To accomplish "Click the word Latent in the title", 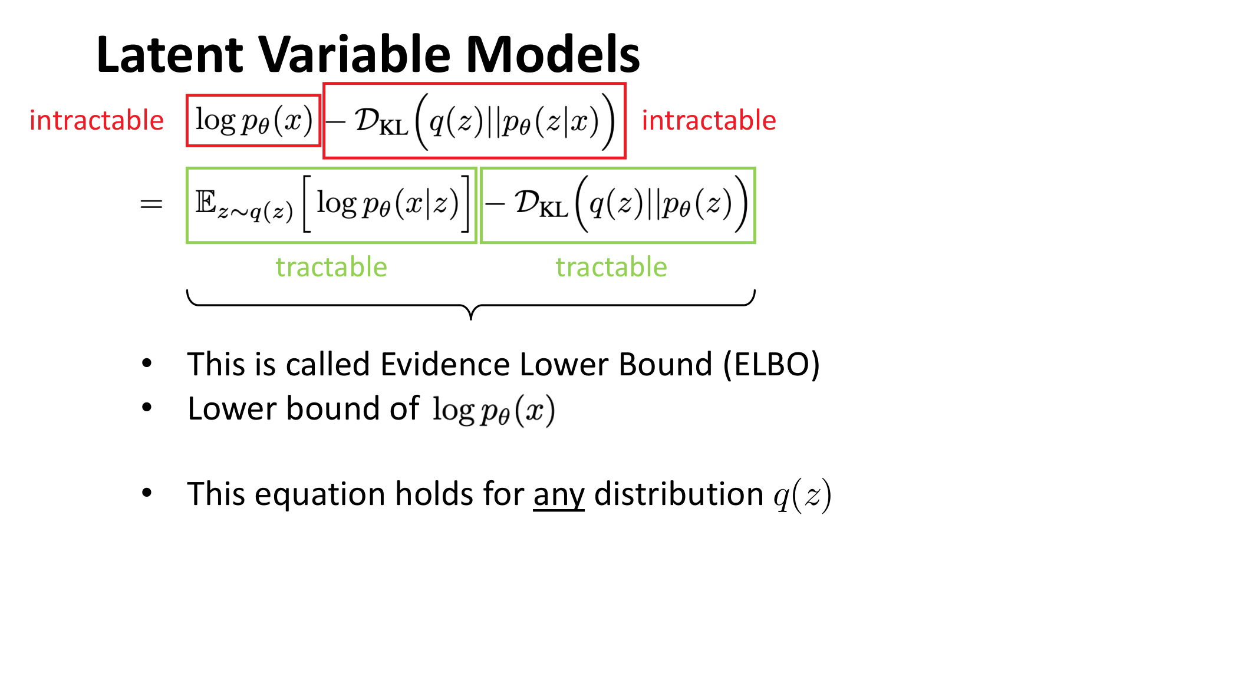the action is (170, 54).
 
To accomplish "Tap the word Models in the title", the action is (553, 54).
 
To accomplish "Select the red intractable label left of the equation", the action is (97, 120).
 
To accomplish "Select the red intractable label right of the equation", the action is (709, 120).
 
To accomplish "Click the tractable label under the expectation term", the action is (331, 268).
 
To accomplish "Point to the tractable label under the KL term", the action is (611, 268).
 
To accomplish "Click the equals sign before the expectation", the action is (151, 204).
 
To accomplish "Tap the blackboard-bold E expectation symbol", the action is (206, 202).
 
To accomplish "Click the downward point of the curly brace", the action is (471, 319).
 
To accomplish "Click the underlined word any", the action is (559, 495).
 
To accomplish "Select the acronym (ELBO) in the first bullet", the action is (772, 365).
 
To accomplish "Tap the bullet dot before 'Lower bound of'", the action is (147, 407).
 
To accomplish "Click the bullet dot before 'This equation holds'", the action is (147, 493).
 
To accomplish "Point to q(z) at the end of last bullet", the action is (802, 496).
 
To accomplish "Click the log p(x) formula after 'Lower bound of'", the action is (494, 411).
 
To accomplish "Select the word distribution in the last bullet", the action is (679, 494).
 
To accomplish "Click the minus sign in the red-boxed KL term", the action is (335, 122).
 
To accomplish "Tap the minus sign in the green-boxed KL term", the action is (495, 204).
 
